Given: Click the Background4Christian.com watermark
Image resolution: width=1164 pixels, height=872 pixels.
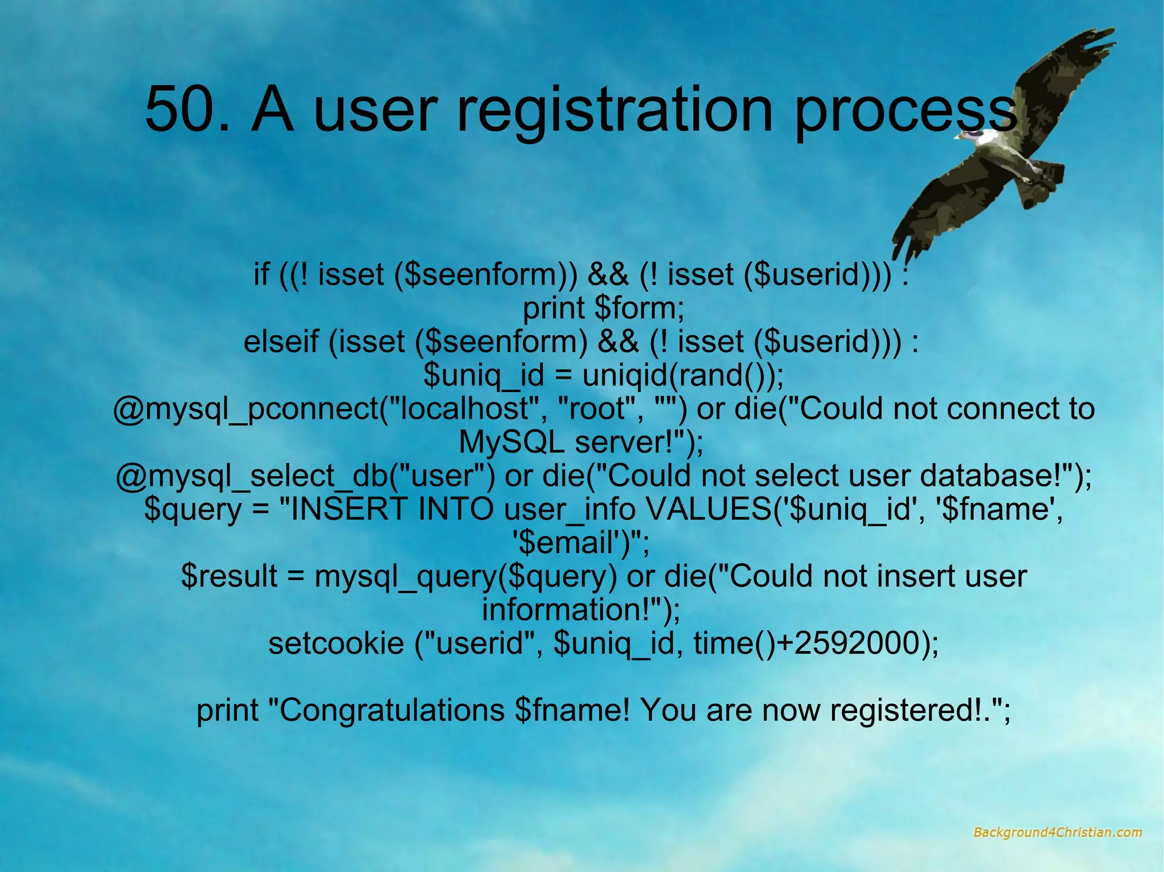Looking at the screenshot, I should (x=1057, y=833).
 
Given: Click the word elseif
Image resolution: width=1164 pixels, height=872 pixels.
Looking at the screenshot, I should (x=281, y=342).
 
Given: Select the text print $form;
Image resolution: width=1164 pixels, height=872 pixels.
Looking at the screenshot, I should (x=603, y=308).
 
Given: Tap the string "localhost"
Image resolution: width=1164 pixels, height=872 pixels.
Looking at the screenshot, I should (x=463, y=408).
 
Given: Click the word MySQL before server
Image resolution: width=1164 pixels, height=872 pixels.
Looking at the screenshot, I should (x=510, y=443).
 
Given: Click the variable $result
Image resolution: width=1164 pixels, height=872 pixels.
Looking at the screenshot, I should (x=229, y=577).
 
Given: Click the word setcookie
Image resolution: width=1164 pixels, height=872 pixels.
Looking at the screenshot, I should (x=335, y=644).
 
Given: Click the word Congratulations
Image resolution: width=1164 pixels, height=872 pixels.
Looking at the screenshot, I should (x=392, y=710).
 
